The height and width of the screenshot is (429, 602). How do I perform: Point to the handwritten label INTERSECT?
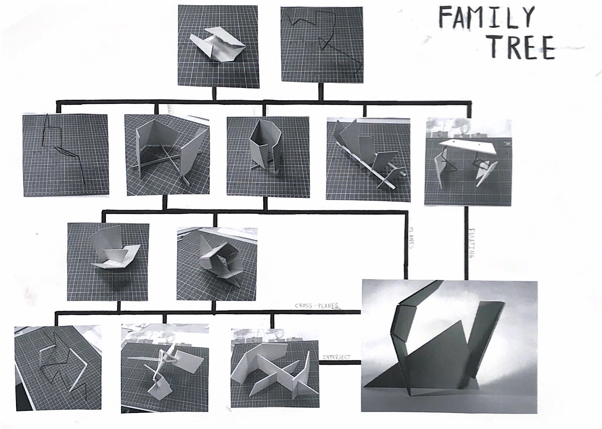tap(337, 357)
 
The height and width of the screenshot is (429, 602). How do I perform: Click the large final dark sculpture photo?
tap(449, 350)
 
